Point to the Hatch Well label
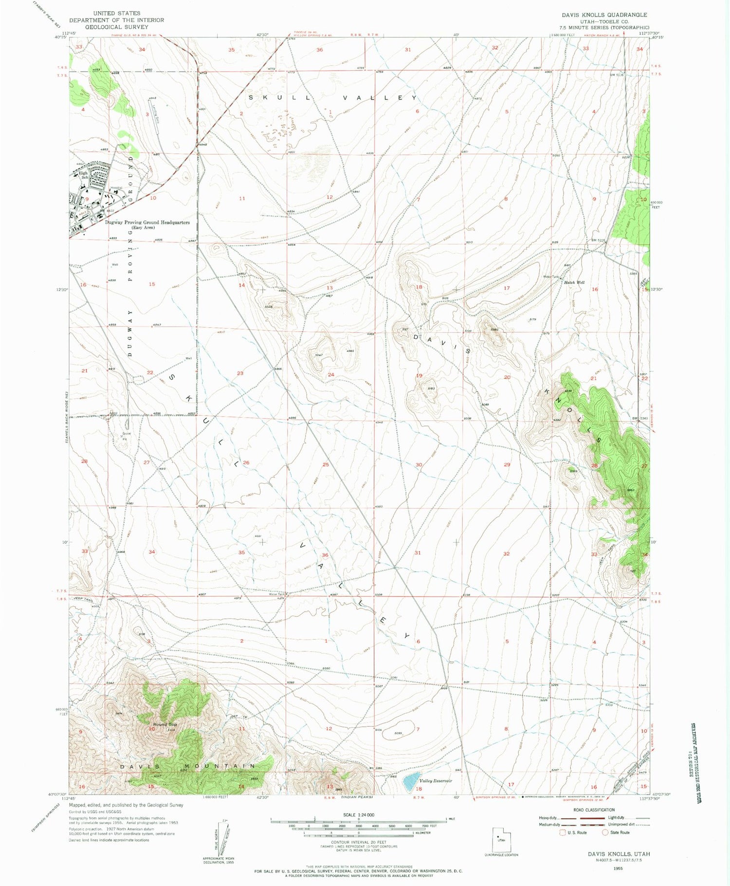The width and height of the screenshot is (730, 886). click(x=574, y=282)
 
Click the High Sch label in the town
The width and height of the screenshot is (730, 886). click(x=83, y=175)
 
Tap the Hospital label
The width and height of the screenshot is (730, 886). click(x=116, y=188)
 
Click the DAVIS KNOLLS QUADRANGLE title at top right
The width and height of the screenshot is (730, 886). click(x=604, y=15)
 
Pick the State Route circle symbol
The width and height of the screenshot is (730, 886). click(x=605, y=832)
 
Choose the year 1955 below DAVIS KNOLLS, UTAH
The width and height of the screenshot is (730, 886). click(x=618, y=868)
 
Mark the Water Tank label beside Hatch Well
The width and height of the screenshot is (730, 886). click(x=550, y=277)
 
